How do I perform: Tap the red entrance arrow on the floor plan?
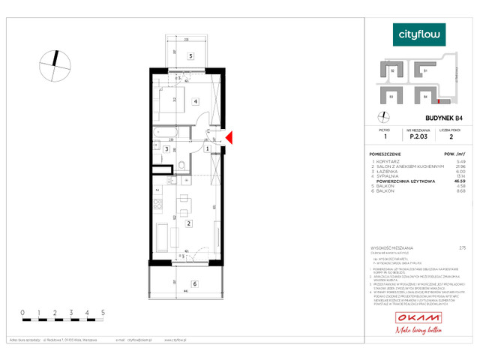[x=231, y=136]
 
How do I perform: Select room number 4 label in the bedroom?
[x=195, y=101]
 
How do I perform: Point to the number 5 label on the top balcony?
[x=191, y=56]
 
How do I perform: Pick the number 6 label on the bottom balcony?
[x=194, y=283]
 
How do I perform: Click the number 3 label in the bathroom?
[x=166, y=149]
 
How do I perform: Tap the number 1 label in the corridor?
[x=207, y=149]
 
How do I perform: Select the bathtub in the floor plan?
[x=163, y=133]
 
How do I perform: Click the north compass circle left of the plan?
[x=52, y=62]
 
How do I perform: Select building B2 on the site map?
[x=394, y=71]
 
